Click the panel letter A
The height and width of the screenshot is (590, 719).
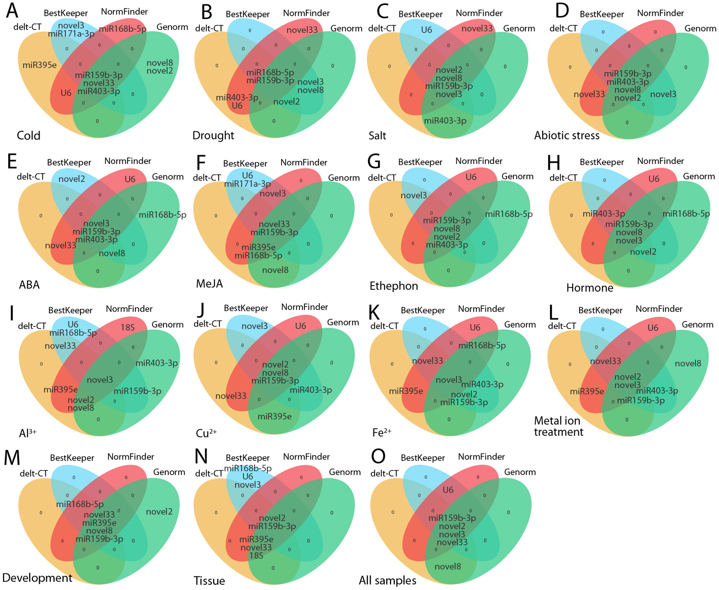[x=12, y=11]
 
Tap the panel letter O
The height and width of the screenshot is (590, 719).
[x=378, y=457]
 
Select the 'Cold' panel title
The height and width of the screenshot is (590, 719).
[x=28, y=136]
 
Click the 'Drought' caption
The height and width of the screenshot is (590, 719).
[x=213, y=136]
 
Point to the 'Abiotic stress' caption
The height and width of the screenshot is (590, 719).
[x=567, y=136]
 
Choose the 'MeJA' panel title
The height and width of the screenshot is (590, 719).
[x=209, y=284]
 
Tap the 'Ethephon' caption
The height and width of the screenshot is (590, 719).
[x=394, y=286]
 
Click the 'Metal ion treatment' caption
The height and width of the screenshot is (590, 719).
[x=559, y=426]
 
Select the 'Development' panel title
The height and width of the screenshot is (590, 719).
[x=37, y=578]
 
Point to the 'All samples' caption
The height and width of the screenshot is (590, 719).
[x=387, y=581]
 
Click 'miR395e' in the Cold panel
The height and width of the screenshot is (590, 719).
[x=39, y=65]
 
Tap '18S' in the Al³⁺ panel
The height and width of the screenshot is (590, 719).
[x=128, y=327]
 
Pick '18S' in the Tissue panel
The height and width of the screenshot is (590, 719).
[x=256, y=555]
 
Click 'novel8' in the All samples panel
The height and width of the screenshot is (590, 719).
[x=447, y=566]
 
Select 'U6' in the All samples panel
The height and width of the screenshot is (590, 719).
[x=447, y=490]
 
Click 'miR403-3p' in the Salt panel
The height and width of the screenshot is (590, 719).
[x=445, y=121]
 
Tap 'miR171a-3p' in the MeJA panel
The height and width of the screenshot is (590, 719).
[x=248, y=184]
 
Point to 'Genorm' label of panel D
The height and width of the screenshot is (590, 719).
[x=700, y=28]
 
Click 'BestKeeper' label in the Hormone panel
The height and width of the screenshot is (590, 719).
[x=602, y=162]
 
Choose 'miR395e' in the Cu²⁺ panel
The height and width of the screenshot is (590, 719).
[x=274, y=416]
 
